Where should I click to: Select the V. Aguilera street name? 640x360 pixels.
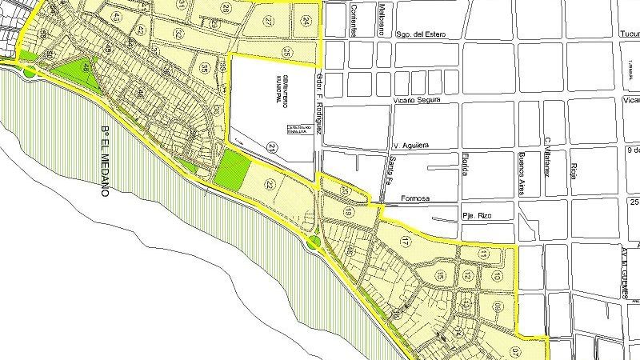pyautogui.click(x=411, y=145)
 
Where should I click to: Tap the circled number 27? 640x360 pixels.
pyautogui.click(x=268, y=21)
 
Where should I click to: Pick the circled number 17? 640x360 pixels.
pyautogui.click(x=406, y=241)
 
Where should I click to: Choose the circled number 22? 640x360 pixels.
pyautogui.click(x=270, y=186)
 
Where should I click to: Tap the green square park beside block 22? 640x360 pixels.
pyautogui.click(x=232, y=170)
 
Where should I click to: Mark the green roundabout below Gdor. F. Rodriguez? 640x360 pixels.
pyautogui.click(x=314, y=241)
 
